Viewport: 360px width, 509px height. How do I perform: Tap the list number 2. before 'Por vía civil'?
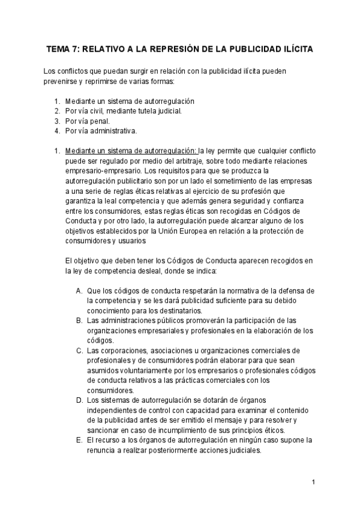(x=57, y=111)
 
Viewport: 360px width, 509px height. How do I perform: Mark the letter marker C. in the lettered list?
(x=79, y=350)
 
